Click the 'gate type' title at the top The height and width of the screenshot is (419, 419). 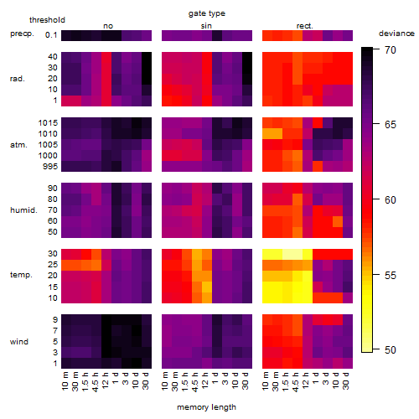click(x=207, y=13)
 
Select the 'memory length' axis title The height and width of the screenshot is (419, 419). click(x=206, y=407)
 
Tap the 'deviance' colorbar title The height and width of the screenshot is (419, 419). click(x=396, y=34)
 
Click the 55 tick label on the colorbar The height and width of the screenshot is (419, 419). click(x=391, y=276)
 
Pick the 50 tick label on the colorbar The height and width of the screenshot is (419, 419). click(x=391, y=349)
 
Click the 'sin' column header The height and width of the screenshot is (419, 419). click(x=206, y=26)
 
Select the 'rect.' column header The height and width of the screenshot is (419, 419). click(x=304, y=26)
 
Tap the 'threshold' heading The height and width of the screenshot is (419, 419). click(x=47, y=20)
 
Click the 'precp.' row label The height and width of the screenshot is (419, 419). click(x=22, y=34)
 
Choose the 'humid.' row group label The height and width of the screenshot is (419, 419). click(x=23, y=210)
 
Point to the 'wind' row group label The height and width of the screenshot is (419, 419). click(x=19, y=342)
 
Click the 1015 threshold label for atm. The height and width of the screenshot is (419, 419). click(x=48, y=123)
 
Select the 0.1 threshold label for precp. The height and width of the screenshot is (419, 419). click(x=51, y=35)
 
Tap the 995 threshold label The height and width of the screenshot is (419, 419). click(x=50, y=167)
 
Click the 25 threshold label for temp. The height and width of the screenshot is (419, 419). click(x=53, y=265)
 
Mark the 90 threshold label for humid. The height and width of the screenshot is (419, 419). click(x=53, y=189)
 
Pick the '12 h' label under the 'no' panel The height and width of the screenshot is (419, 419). click(x=105, y=380)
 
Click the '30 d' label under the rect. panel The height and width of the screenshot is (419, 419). click(x=346, y=381)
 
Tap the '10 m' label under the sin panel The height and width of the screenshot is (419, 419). click(x=165, y=381)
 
